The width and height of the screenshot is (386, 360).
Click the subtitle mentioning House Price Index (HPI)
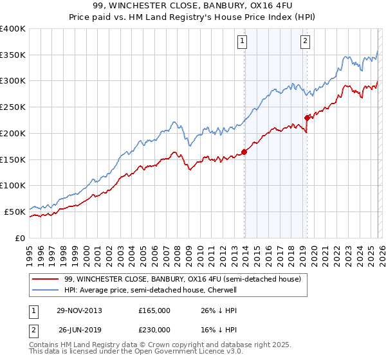click(193, 17)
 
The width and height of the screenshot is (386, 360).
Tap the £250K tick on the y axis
click(13, 107)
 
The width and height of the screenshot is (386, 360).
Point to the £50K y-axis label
click(15, 212)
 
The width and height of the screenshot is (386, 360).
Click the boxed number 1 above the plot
click(243, 42)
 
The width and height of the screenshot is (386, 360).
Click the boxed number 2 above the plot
click(304, 42)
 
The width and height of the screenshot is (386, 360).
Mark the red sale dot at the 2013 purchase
click(244, 152)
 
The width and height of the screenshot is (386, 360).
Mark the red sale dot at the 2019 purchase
click(308, 118)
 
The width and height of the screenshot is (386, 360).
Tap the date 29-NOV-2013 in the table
click(80, 310)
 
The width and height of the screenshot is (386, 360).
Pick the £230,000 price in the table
click(154, 330)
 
